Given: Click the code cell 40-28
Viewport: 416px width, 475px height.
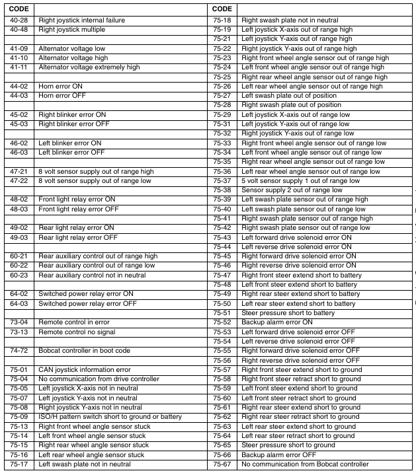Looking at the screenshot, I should (19, 20).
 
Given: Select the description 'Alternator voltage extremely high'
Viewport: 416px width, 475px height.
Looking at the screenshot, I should (89, 67).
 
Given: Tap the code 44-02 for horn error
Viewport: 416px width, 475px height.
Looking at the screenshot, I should (19, 87).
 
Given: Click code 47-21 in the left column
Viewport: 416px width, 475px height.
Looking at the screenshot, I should (19, 171).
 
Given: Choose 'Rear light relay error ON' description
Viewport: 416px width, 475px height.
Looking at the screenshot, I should (76, 227).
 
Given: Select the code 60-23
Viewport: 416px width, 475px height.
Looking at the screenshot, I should (19, 275).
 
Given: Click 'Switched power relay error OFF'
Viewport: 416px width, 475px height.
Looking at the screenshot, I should (87, 303).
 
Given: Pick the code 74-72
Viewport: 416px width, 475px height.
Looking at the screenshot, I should (19, 351).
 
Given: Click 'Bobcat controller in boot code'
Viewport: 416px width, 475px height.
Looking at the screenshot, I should (84, 351).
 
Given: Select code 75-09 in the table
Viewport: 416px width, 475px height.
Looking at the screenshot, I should (19, 417).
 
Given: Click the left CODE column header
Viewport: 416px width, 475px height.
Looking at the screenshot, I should (19, 9).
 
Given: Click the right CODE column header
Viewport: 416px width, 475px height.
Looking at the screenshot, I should (222, 9).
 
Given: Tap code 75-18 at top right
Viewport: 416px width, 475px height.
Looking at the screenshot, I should (222, 20).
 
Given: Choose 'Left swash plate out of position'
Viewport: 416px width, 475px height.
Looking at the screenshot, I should (289, 96).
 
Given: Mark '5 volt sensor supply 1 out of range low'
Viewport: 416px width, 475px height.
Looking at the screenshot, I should (300, 180).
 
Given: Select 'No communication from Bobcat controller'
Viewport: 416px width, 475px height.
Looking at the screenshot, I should (304, 464).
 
